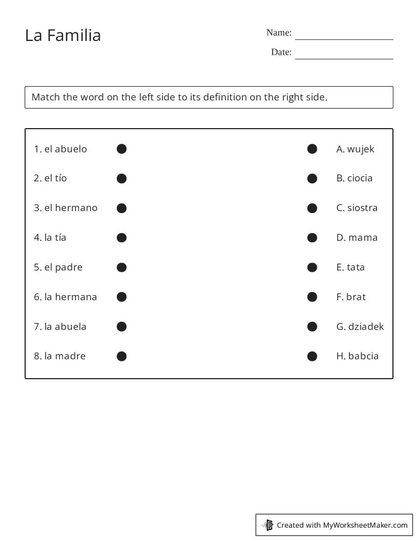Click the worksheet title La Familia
(x=63, y=35)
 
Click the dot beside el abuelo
(x=121, y=149)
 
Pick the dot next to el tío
(x=121, y=178)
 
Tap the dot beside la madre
(x=121, y=356)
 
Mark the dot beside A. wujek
(x=312, y=149)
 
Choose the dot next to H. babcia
(x=312, y=356)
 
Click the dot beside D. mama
(x=312, y=238)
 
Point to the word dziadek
(x=366, y=327)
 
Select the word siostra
(x=362, y=208)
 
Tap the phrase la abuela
(x=66, y=327)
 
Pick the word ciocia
(x=360, y=178)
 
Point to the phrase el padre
(x=64, y=267)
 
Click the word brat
(x=356, y=297)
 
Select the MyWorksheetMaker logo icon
(x=268, y=525)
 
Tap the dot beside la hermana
(x=121, y=297)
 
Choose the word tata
(x=356, y=267)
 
